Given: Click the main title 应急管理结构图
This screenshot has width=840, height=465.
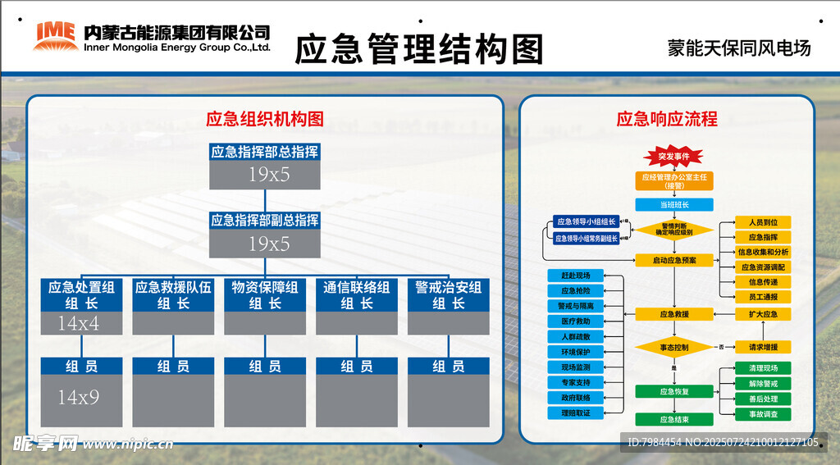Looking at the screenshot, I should tap(418, 49).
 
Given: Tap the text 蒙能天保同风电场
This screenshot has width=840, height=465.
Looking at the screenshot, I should tap(739, 48).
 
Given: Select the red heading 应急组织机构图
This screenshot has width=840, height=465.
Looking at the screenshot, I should tap(265, 119).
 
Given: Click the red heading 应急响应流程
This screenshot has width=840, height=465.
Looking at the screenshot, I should tap(667, 119).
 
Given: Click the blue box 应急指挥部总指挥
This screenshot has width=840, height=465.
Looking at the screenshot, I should tap(265, 152).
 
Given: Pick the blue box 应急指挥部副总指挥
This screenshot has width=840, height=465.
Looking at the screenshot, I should tap(265, 221).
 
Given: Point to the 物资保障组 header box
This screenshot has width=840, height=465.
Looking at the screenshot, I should tap(265, 295).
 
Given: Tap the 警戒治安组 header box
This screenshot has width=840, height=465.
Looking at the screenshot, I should tap(449, 295).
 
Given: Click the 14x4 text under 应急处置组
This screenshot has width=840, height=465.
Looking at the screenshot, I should tap(78, 324).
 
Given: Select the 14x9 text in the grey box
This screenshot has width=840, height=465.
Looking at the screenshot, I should tap(78, 398).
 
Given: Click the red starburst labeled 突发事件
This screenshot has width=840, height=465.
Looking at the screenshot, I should tap(674, 156).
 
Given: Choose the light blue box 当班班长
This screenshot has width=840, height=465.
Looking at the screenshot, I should tap(674, 205).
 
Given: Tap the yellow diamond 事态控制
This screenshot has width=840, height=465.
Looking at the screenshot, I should tap(674, 348).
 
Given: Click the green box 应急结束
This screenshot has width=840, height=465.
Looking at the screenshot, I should tap(674, 420).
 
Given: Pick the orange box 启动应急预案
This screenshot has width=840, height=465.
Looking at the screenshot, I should tap(674, 260).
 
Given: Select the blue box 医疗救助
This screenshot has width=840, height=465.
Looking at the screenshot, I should tap(575, 321).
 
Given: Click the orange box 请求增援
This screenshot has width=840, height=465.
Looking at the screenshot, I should tap(751, 346).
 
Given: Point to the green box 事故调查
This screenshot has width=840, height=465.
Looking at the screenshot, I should tap(751, 414).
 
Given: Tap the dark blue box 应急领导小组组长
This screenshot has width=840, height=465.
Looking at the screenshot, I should tap(586, 221).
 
